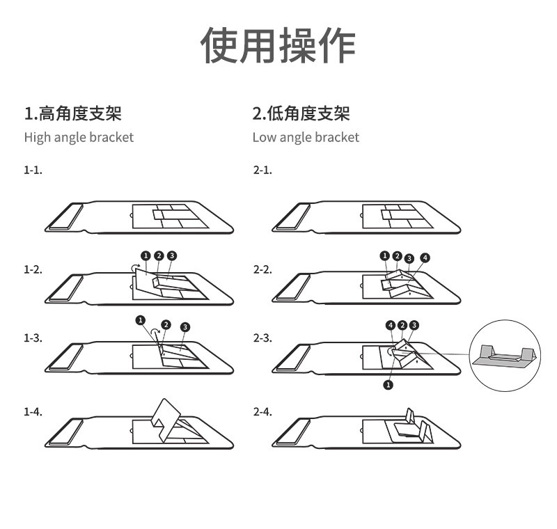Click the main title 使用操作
tap(278, 47)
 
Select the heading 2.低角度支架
tap(301, 113)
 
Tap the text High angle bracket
tap(79, 137)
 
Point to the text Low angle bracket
tap(306, 137)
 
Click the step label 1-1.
tap(33, 170)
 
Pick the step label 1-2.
tap(33, 269)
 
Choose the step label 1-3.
tap(33, 338)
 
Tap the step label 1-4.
tap(33, 411)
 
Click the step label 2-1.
tap(262, 170)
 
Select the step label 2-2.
tap(262, 269)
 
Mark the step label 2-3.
tap(262, 338)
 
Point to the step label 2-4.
tap(262, 411)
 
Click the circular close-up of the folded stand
tap(506, 354)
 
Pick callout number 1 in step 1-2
tap(146, 255)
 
